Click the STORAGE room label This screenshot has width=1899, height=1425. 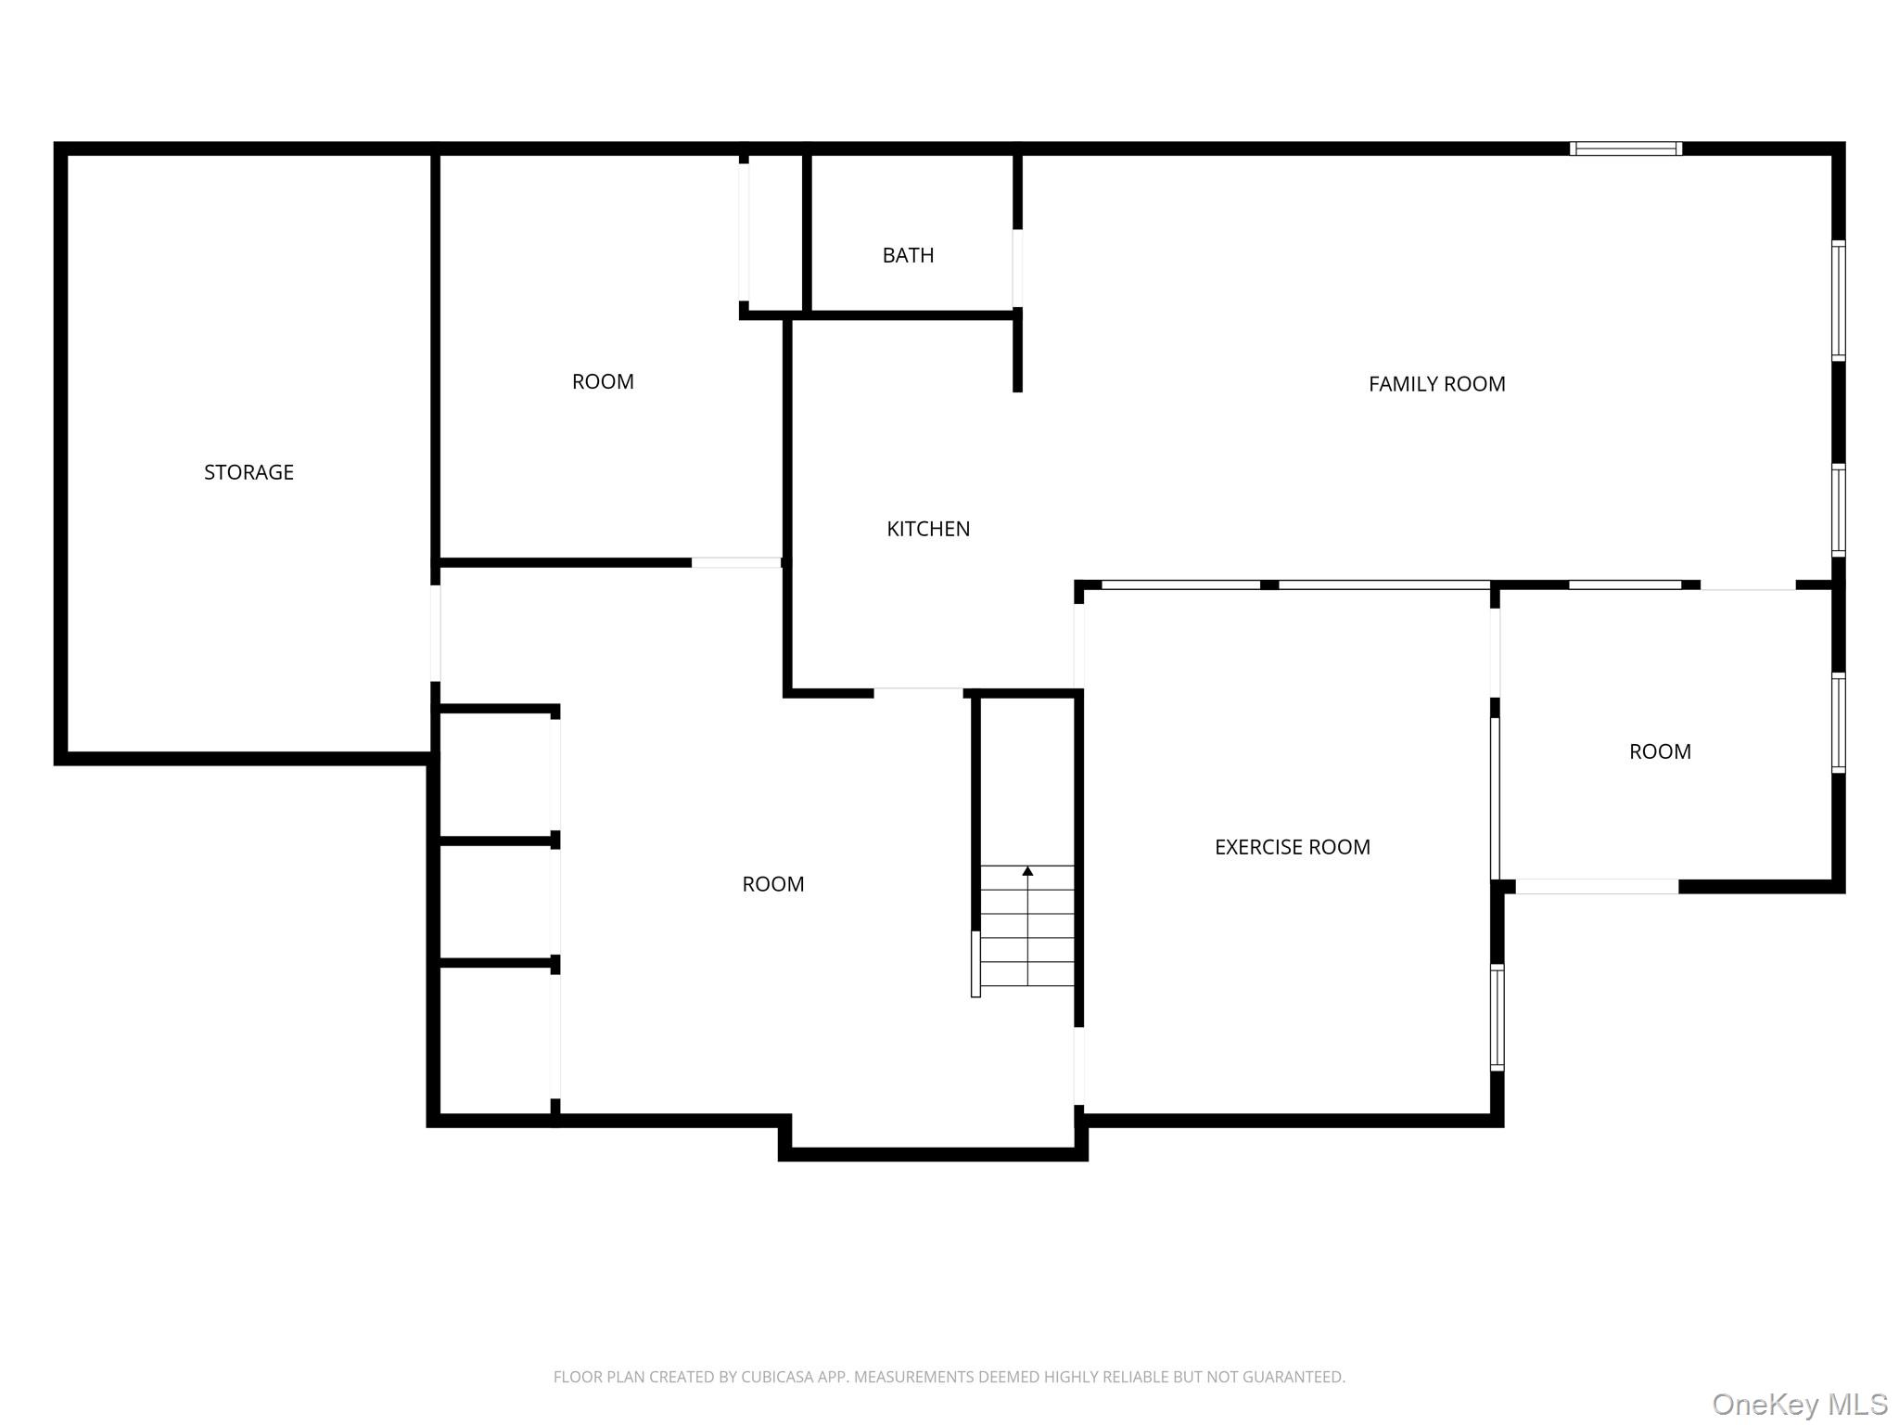[249, 472]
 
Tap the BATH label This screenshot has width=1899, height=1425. [908, 255]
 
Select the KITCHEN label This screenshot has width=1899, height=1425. [928, 529]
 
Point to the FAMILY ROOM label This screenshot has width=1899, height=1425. [1436, 384]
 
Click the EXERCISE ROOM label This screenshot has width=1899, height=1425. [1292, 847]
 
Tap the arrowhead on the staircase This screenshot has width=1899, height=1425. [1027, 871]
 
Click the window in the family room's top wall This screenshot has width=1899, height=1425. [1625, 148]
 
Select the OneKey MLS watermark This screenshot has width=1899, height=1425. [1800, 1405]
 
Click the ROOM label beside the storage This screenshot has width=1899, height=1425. [603, 381]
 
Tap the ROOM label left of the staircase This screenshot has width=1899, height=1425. [772, 884]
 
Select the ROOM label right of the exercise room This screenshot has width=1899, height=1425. [1660, 751]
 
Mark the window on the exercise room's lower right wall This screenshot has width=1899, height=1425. [1497, 1018]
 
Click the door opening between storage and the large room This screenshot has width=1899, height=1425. [435, 633]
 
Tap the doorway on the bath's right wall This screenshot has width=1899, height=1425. [1017, 268]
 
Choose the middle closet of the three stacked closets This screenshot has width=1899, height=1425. [497, 901]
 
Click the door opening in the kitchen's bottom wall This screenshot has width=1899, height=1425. [918, 692]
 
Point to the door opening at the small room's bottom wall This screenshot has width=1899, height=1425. [1597, 887]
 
